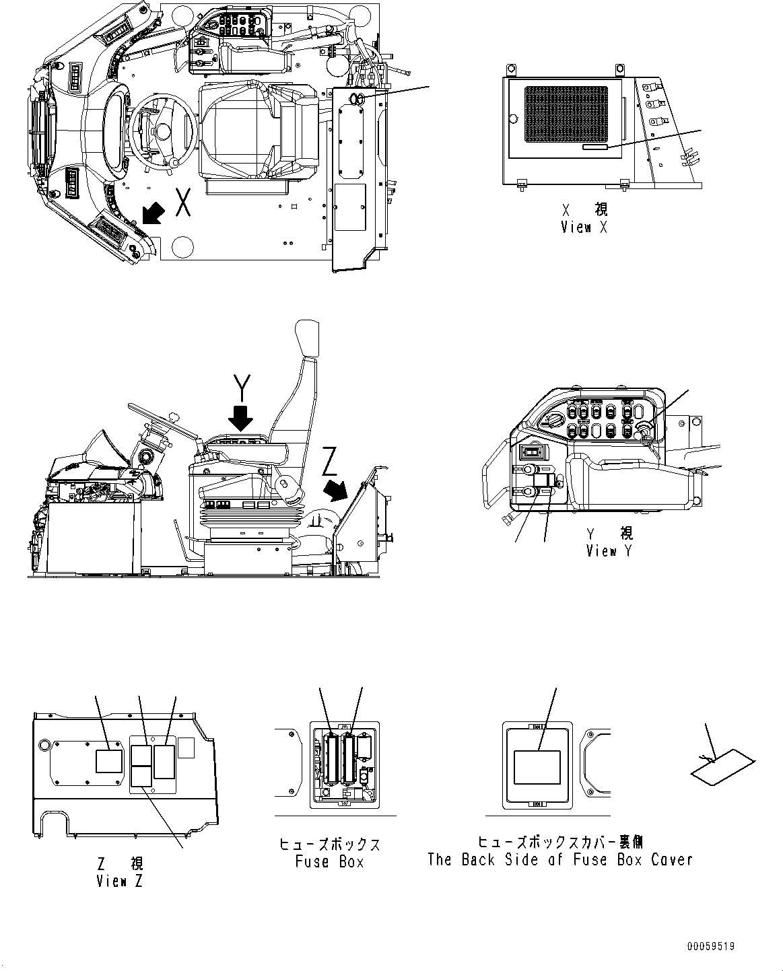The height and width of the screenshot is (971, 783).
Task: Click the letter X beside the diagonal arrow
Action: click(182, 202)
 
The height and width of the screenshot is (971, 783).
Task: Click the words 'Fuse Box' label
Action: click(329, 861)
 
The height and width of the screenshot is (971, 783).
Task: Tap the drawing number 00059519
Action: click(710, 945)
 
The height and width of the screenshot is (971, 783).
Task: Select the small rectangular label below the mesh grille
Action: click(595, 147)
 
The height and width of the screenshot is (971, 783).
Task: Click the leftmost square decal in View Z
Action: click(108, 760)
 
